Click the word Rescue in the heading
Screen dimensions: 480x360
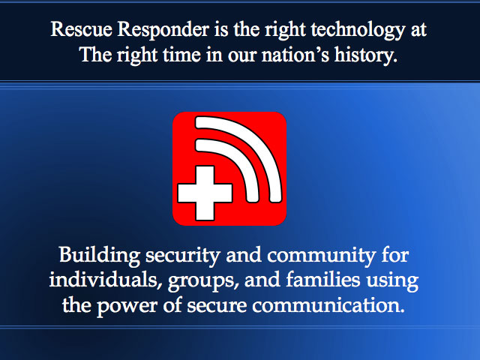pos(81,29)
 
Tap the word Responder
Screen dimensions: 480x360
pos(163,30)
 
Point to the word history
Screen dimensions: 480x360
pos(365,55)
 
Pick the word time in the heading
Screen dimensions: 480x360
pos(181,55)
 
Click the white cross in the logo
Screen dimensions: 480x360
pos(205,193)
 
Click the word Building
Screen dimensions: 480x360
pos(100,256)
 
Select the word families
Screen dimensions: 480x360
pos(323,280)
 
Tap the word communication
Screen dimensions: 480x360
pos(328,306)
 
